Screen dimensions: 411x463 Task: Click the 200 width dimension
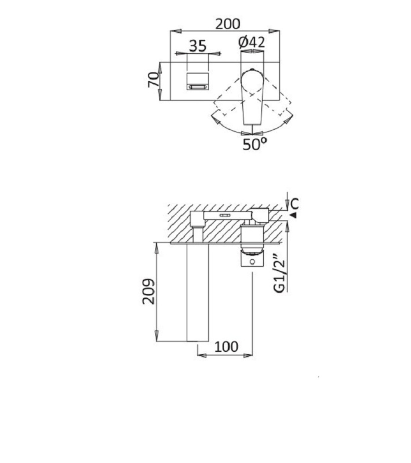click(228, 24)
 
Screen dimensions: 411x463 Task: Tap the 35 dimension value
click(197, 46)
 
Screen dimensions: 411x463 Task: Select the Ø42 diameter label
click(252, 42)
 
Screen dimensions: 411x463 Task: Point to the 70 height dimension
click(153, 80)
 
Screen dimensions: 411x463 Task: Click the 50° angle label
click(254, 144)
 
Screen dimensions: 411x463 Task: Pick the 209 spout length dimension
click(148, 291)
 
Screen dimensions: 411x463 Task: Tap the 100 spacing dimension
click(226, 347)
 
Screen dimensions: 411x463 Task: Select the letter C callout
click(294, 204)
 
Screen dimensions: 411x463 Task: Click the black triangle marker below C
click(293, 215)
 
